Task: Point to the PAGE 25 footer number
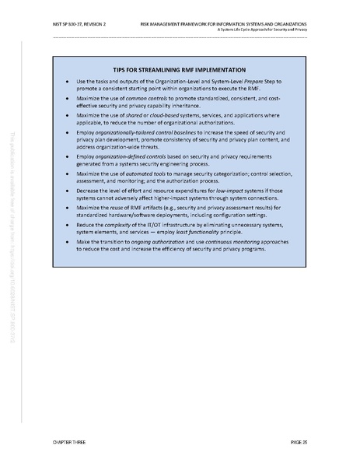pos(299,442)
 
